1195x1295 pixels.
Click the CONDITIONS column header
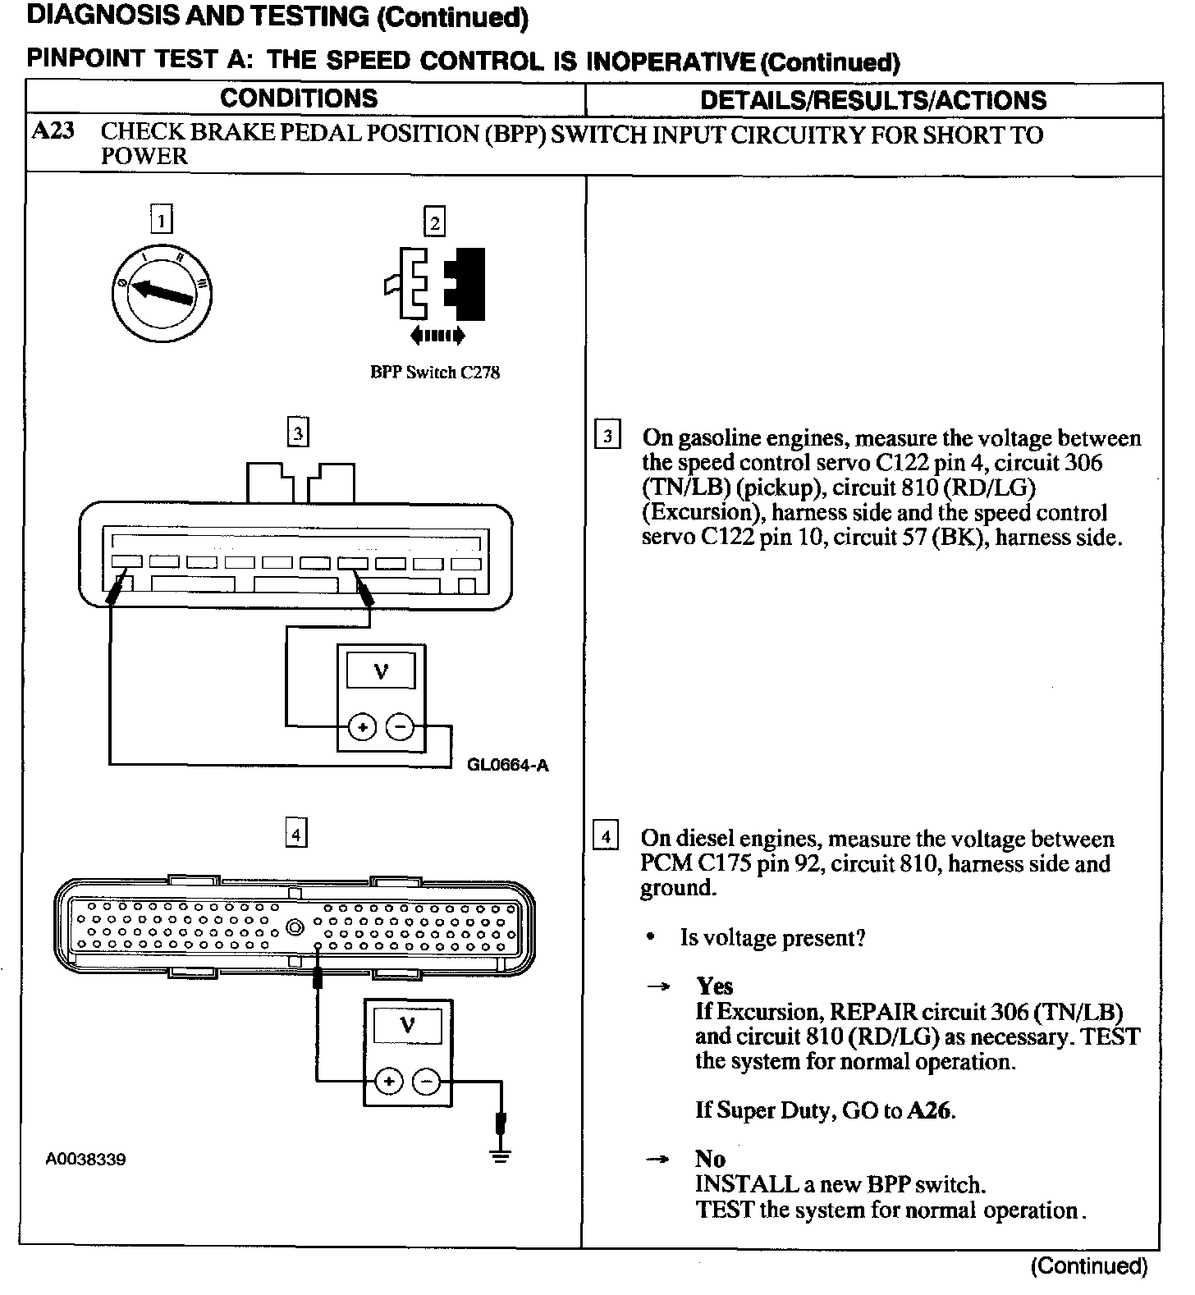(299, 98)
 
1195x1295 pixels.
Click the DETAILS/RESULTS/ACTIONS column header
(873, 100)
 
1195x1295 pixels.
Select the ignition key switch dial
(161, 290)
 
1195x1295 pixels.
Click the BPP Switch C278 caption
(435, 373)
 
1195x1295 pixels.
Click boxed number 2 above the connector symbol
(434, 222)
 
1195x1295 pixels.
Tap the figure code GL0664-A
(507, 766)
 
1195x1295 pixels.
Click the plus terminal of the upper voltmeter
(362, 727)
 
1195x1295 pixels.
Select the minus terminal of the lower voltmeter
(426, 1082)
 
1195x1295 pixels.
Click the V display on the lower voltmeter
(407, 1026)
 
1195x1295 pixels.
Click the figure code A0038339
(85, 1160)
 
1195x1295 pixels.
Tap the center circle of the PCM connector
(294, 928)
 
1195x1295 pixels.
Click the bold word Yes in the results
(714, 986)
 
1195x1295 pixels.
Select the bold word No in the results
(710, 1159)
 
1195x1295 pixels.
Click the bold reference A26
(930, 1111)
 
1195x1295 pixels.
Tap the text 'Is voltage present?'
(772, 938)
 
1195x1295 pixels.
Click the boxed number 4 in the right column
(606, 838)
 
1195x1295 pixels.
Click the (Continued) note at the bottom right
(1088, 1266)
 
